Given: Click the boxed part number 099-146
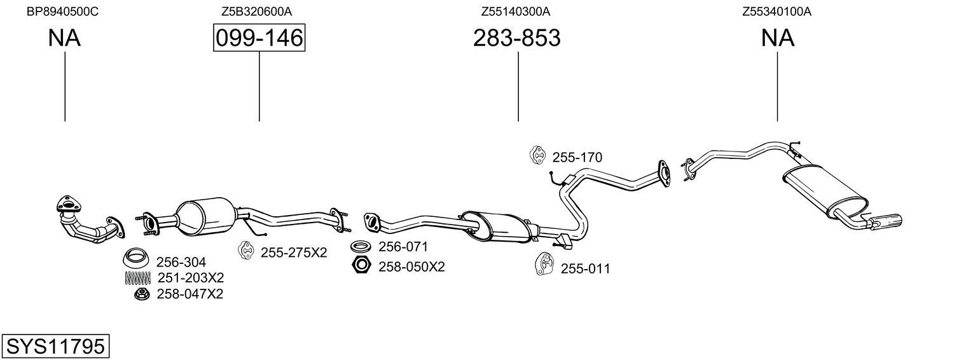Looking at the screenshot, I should click(x=259, y=38).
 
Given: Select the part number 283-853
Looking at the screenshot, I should click(x=516, y=38).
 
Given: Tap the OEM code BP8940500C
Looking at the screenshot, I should click(x=62, y=11).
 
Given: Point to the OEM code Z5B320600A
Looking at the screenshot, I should click(x=256, y=11).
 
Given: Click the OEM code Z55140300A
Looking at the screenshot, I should click(x=515, y=11).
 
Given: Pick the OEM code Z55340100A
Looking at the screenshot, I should click(x=776, y=11).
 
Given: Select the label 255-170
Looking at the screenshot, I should click(x=577, y=158).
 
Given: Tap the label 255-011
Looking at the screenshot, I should click(x=585, y=269).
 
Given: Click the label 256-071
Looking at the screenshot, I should click(x=403, y=247).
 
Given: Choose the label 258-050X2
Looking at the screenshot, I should click(x=411, y=267).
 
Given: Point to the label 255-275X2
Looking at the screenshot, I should click(x=293, y=253).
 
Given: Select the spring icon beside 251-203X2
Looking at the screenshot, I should click(x=137, y=277).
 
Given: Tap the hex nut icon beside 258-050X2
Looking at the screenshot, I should click(x=361, y=266).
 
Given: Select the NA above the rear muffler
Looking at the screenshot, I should click(x=777, y=38).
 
